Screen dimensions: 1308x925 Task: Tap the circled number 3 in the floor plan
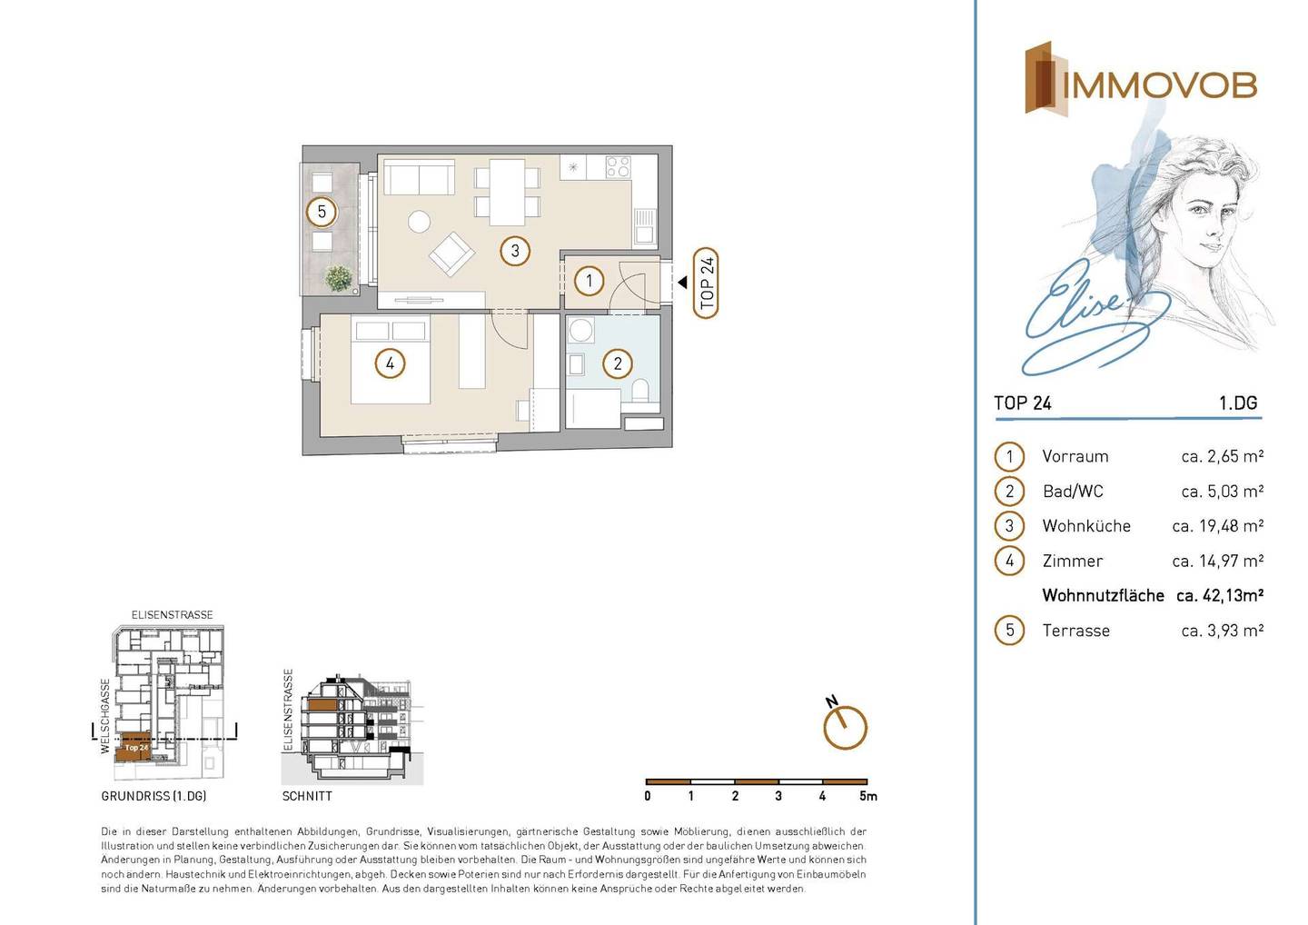tap(514, 251)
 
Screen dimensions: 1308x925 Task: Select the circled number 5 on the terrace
tap(322, 212)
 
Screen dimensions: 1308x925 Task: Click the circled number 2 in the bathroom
tap(618, 363)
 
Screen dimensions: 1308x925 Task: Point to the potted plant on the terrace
tap(339, 278)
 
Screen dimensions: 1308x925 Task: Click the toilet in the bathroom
tap(640, 391)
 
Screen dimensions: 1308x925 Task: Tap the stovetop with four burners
tap(618, 166)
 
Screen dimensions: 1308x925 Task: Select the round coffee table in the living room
tap(419, 222)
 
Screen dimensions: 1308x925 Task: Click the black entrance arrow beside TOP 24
tap(682, 283)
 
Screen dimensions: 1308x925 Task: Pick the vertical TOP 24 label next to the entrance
tap(706, 283)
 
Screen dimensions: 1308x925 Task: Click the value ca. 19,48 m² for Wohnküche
tap(1217, 526)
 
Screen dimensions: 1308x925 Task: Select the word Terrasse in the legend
tap(1075, 631)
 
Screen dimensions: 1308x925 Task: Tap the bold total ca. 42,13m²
tap(1220, 596)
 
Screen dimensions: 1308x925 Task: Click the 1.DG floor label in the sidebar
tap(1238, 403)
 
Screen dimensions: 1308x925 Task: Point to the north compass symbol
tap(845, 725)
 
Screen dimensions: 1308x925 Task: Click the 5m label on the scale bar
tap(868, 796)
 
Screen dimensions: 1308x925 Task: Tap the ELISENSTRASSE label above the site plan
tap(173, 615)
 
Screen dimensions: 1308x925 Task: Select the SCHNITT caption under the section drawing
tap(307, 796)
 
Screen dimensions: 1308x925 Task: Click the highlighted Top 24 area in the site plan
tap(134, 747)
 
